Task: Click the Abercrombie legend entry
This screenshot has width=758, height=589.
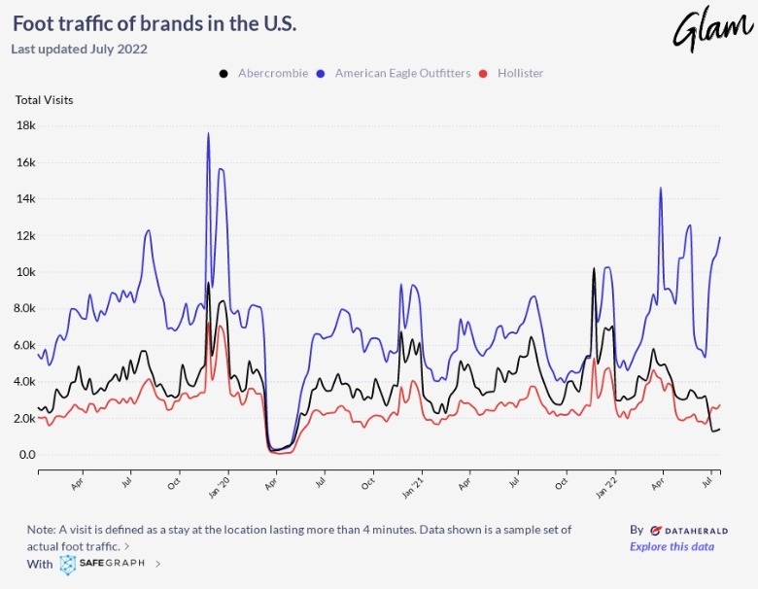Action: (272, 73)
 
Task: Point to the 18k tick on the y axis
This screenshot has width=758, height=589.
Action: (26, 125)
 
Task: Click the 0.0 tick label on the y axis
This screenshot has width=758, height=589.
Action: (26, 455)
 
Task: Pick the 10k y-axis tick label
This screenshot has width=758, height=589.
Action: (26, 272)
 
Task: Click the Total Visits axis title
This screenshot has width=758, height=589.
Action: (44, 99)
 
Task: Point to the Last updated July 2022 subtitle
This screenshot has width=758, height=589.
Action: (80, 48)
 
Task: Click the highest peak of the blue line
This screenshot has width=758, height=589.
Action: (208, 134)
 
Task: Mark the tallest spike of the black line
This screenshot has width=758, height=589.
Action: (594, 269)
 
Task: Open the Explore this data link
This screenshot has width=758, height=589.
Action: (672, 546)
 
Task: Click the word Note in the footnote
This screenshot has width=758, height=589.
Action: (42, 530)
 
